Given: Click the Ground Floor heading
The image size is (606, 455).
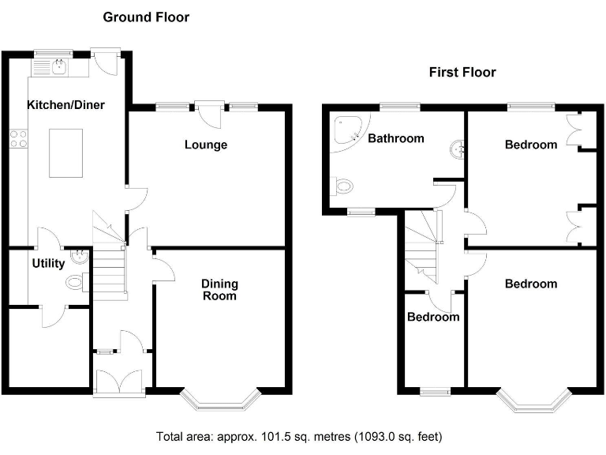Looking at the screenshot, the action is click(146, 17).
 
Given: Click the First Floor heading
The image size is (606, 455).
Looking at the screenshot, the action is click(462, 73).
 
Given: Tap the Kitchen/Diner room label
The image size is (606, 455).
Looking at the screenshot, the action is click(65, 105).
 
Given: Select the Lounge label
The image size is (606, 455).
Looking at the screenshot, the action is click(206, 145).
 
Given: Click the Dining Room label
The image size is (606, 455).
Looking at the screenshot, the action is click(219, 290).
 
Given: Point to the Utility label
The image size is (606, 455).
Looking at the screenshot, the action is click(48, 264).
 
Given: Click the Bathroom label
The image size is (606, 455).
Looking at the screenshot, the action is click(396, 138).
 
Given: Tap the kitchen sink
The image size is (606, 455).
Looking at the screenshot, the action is click(59, 67).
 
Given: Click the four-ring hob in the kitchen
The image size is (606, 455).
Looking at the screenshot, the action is click(19, 139).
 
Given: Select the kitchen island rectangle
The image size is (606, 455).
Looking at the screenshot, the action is click(65, 152).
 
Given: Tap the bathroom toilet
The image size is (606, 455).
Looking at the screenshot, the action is click(342, 187).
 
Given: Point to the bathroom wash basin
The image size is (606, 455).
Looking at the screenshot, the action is click(457, 149).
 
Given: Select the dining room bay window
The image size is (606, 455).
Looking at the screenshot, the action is click(220, 399).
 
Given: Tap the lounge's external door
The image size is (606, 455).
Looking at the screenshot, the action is click(209, 113).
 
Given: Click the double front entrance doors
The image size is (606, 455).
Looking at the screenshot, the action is click(119, 382).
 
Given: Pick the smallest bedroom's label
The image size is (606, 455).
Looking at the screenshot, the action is click(433, 317).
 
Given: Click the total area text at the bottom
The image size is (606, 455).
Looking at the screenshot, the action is click(299, 437).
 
